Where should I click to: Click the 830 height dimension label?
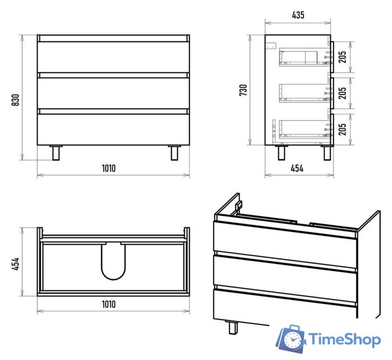(x=16, y=100)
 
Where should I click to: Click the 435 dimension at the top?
(x=298, y=15)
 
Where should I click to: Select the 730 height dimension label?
(x=244, y=90)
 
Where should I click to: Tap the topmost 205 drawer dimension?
(x=343, y=57)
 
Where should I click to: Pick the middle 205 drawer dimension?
(x=343, y=93)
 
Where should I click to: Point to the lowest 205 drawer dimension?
(x=343, y=129)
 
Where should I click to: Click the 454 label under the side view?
(x=297, y=168)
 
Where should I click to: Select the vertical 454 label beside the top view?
(x=16, y=264)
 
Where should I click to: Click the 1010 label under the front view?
(x=109, y=168)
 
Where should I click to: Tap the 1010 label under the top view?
(x=109, y=304)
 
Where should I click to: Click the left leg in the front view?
(x=56, y=153)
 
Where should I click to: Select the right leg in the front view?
(x=174, y=153)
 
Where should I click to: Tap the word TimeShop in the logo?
(x=345, y=340)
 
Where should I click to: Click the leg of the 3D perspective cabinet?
(x=233, y=327)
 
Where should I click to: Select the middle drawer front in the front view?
(x=113, y=93)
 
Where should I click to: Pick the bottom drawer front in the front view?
(x=113, y=129)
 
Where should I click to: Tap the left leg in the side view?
(x=281, y=153)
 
